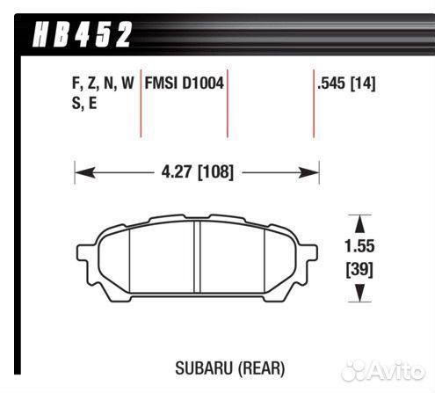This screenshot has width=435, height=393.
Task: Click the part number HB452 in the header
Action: coord(83,35)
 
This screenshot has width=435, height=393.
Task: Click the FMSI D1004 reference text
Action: coord(183,84)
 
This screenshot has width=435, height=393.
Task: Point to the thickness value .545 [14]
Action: coord(349,84)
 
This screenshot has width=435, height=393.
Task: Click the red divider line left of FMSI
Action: coord(141,106)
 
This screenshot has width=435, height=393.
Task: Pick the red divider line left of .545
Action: coord(314,106)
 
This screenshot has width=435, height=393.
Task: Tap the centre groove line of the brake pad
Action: coord(195,258)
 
